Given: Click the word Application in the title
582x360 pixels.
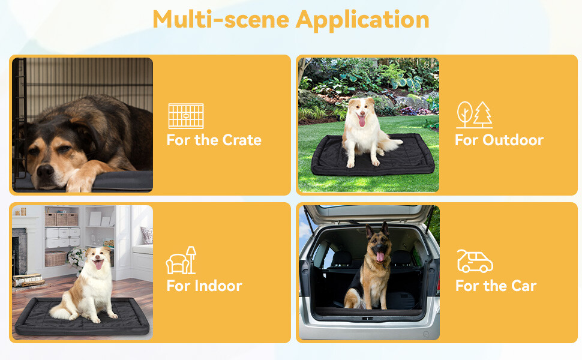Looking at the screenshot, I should [x=362, y=19].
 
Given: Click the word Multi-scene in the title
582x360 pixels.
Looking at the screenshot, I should [x=221, y=19].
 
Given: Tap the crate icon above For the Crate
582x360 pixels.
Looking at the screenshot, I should [x=185, y=116].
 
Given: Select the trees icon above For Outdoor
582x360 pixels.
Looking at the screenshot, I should [x=474, y=115].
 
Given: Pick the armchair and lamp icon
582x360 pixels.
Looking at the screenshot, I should [x=181, y=260].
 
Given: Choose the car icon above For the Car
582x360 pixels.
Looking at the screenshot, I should [x=475, y=261].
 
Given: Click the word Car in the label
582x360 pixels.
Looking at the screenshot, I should [x=523, y=286].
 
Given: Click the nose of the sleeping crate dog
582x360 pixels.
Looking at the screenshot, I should [x=46, y=171].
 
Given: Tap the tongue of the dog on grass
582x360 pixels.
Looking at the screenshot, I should [x=361, y=122].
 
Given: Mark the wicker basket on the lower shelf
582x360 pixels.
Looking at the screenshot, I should [x=56, y=258].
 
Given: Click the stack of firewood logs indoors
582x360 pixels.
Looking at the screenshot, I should [x=28, y=280].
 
